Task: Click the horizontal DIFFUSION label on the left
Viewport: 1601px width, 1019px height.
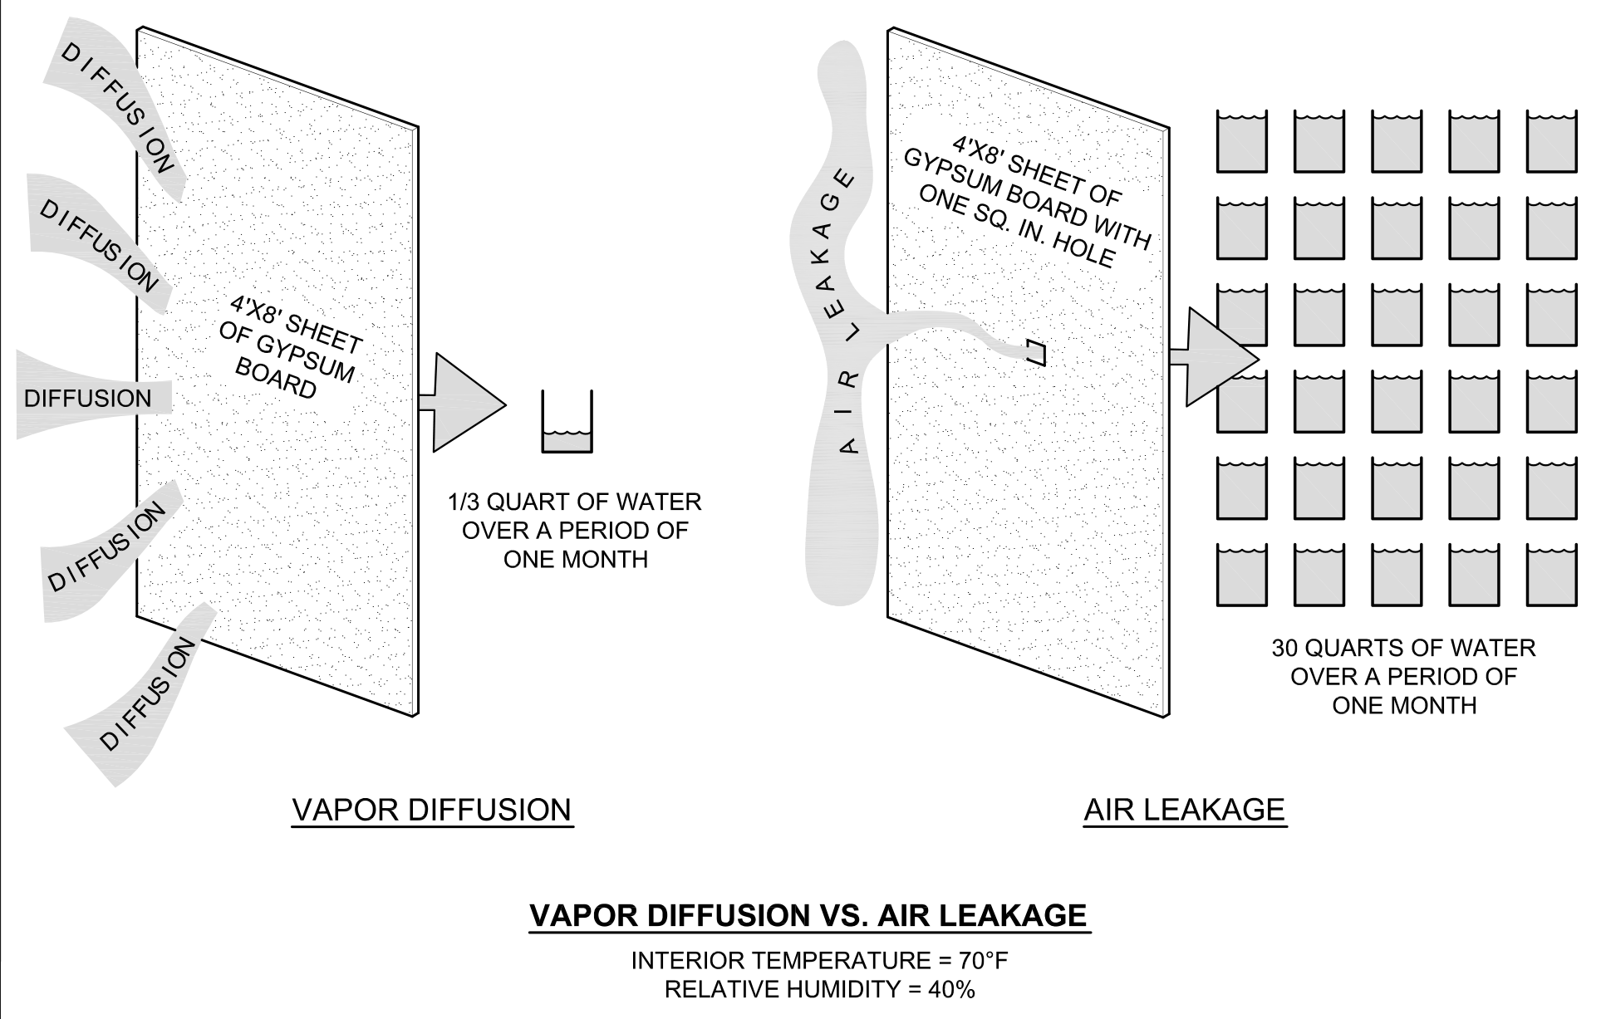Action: click(x=87, y=399)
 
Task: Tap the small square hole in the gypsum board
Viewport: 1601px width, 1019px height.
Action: click(x=1036, y=353)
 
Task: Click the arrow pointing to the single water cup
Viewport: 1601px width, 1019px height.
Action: click(x=465, y=404)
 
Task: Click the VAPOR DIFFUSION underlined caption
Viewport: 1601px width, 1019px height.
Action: click(x=432, y=810)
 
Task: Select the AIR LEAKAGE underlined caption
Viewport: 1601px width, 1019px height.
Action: click(x=1185, y=810)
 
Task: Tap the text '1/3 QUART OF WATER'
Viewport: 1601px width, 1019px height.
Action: click(x=575, y=502)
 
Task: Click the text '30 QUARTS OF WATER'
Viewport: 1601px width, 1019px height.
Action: click(x=1403, y=648)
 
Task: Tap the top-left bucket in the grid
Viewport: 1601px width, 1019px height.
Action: click(x=1242, y=142)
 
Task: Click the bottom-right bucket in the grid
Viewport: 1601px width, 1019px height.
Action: click(x=1551, y=575)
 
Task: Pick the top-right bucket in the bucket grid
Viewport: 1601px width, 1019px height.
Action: click(x=1551, y=142)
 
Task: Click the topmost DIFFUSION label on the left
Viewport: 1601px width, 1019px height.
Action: click(x=118, y=108)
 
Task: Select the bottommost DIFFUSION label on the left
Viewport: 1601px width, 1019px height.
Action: click(x=148, y=694)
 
